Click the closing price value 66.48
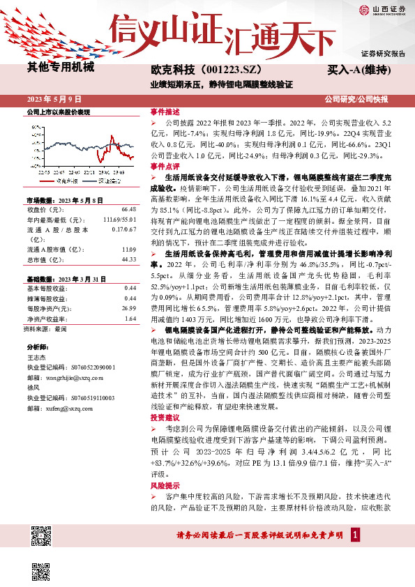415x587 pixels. (128, 209)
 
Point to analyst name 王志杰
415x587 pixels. (35, 375)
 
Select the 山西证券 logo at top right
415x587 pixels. (382, 11)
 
